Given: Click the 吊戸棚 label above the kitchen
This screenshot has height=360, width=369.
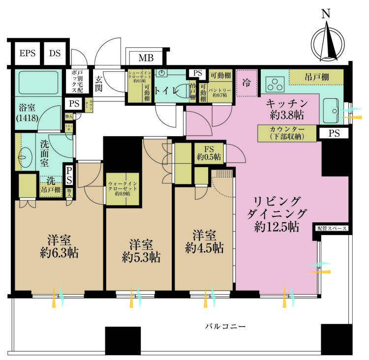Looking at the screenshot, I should pyautogui.click(x=315, y=77).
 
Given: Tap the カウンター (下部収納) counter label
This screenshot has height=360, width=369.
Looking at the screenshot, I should pyautogui.click(x=287, y=133).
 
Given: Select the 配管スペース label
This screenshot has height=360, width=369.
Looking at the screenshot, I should pyautogui.click(x=332, y=229).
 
